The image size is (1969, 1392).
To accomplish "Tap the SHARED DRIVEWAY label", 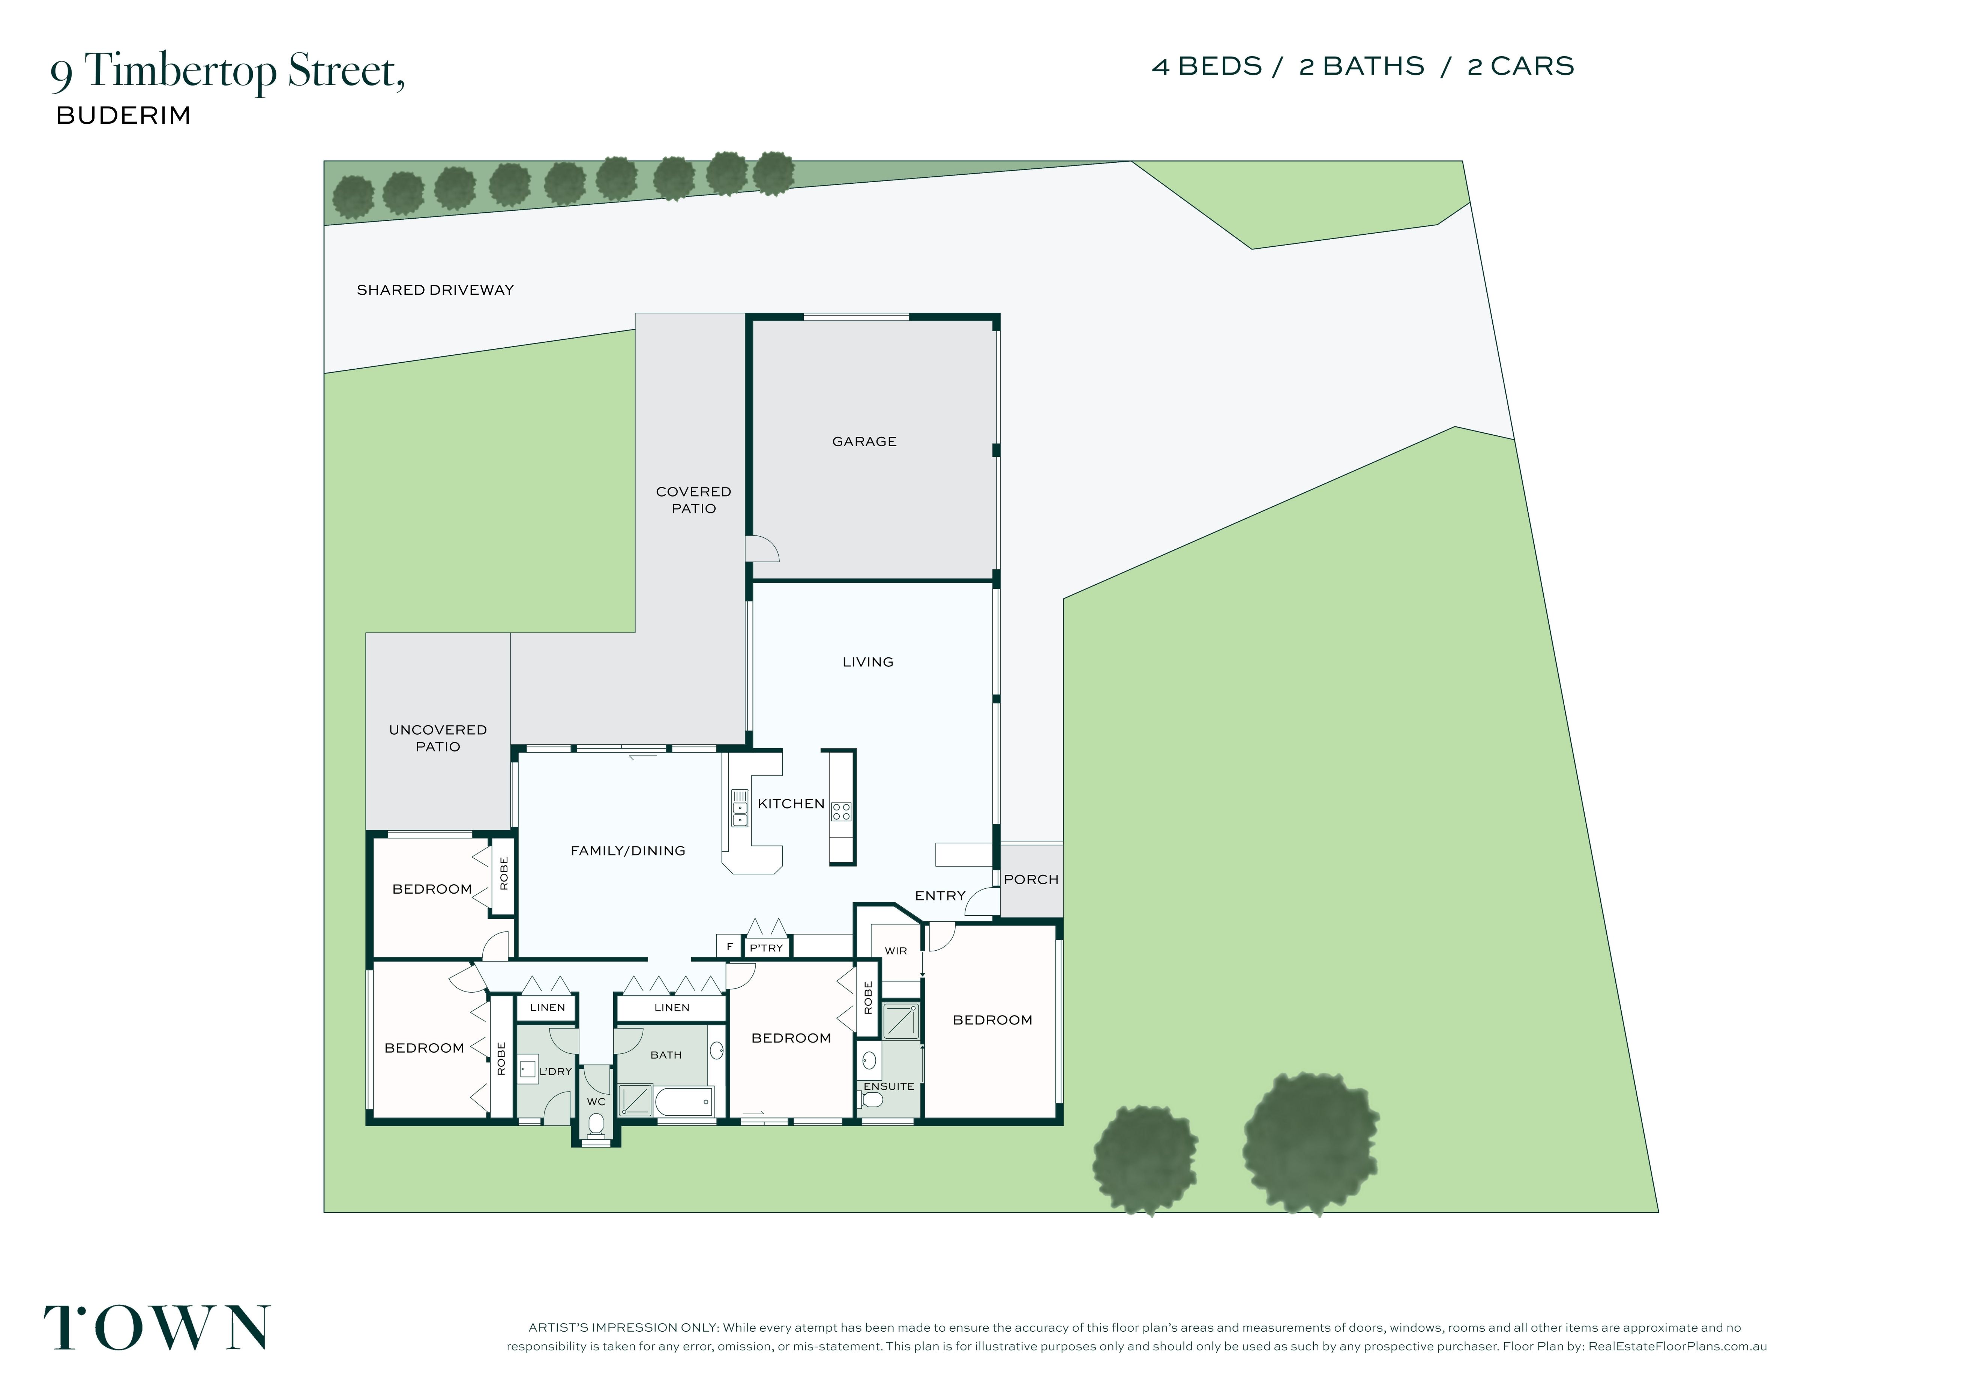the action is click(x=435, y=290).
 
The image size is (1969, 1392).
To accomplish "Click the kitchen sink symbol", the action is click(x=739, y=808).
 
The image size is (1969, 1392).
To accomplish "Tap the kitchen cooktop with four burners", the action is click(x=841, y=811).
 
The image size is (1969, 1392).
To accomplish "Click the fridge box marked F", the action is click(x=729, y=947).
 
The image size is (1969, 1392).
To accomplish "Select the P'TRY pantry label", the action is click(x=766, y=948).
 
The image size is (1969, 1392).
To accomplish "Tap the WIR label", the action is click(x=895, y=950).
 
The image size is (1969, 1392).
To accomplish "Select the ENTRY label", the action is click(x=940, y=895).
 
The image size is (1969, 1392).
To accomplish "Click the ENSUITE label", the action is click(x=888, y=1086).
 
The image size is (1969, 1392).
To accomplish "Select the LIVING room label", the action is click(x=868, y=662).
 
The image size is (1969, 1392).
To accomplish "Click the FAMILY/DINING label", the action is click(x=628, y=851).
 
